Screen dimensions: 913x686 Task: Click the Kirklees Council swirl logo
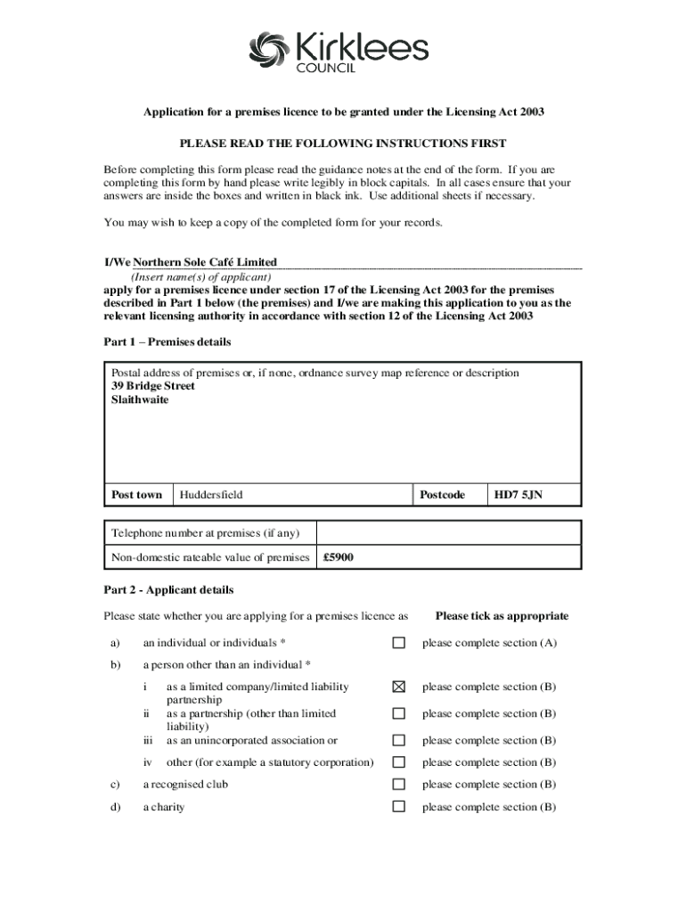271,49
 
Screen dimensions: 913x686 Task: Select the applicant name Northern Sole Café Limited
205,262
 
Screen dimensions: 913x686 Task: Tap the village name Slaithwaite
140,399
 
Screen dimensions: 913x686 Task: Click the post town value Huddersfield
211,495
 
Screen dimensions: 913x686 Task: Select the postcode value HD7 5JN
518,495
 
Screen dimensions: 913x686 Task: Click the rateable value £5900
339,558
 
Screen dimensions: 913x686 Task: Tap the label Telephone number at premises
205,533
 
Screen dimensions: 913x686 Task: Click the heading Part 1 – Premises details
167,341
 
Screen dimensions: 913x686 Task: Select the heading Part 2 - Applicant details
168,589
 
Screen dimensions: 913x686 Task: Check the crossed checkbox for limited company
399,687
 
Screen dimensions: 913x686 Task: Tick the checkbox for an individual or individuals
399,643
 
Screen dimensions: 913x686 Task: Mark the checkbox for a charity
399,807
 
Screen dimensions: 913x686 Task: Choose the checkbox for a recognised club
399,785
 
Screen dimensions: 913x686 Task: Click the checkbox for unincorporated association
399,740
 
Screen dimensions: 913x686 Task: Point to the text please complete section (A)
490,643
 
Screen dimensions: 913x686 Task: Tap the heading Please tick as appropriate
502,616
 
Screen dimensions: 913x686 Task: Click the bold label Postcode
443,495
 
